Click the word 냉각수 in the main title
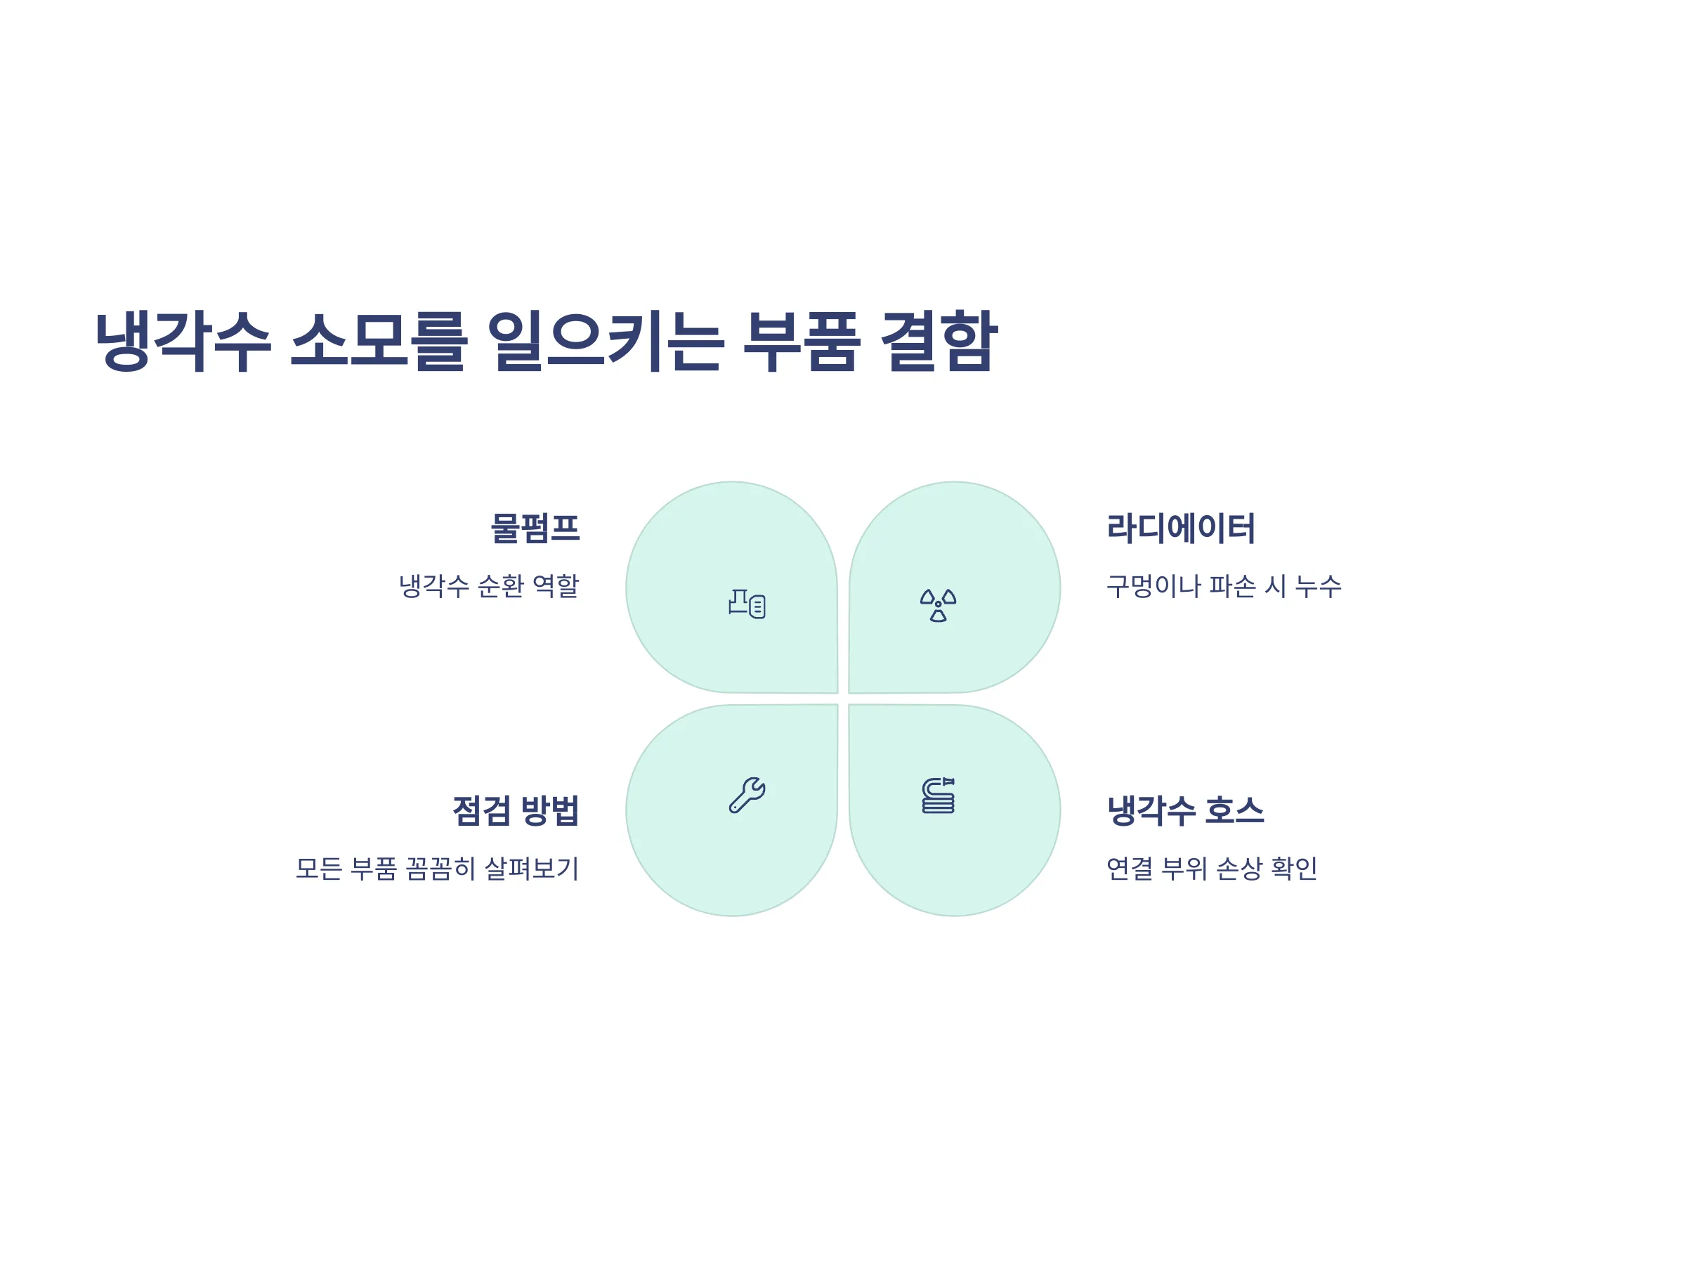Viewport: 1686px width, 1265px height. coord(183,341)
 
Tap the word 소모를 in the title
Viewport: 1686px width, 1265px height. coord(378,341)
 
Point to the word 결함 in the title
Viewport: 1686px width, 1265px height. coord(939,341)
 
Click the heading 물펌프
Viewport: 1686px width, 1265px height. coord(535,528)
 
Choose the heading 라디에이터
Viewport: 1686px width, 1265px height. coord(1181,528)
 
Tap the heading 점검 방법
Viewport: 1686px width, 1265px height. coord(516,810)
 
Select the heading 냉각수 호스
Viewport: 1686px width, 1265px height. coord(1185,810)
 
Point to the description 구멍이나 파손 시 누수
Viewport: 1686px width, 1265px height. coord(1224,585)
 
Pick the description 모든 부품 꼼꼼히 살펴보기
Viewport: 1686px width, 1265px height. coord(438,868)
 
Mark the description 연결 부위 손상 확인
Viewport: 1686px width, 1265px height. coord(1212,868)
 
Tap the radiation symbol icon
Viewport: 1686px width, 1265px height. coord(939,605)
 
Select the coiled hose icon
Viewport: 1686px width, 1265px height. coord(939,796)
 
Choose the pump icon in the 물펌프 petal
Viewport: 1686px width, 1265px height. coord(747,604)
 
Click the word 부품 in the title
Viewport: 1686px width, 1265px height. coord(801,341)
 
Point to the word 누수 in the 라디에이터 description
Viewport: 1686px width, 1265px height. coord(1319,585)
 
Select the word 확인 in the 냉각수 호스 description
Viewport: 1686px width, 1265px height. coord(1294,868)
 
